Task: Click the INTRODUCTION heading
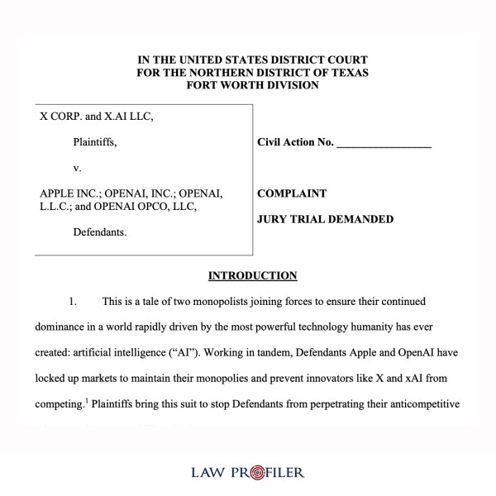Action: point(252,275)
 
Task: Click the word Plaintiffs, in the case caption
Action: point(95,142)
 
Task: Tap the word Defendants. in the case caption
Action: point(100,233)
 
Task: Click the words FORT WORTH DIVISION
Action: point(253,84)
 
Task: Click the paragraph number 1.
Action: point(73,301)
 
